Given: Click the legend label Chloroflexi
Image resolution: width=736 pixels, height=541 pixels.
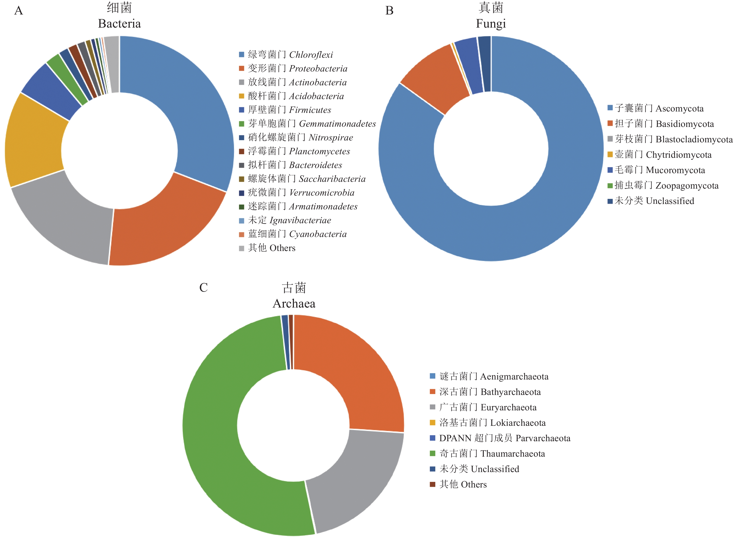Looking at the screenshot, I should pos(311,55).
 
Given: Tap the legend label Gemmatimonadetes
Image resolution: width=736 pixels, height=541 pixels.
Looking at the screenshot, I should pos(337,124).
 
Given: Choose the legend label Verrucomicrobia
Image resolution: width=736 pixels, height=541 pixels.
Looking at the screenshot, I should pos(322,193).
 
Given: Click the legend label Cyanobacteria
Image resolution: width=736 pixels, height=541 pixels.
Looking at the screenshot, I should pos(318,234).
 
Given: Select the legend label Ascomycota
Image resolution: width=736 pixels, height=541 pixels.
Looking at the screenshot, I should pos(679,108).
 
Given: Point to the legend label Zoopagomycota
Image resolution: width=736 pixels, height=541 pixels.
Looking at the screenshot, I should pos(687,186).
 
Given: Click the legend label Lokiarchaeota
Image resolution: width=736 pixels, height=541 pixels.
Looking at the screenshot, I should pos(513,423).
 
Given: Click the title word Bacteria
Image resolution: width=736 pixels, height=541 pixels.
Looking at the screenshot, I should pos(119,24).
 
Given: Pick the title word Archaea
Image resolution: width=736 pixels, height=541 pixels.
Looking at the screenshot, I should pos(294,304).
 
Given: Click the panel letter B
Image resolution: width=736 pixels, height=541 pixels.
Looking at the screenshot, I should pos(389,11).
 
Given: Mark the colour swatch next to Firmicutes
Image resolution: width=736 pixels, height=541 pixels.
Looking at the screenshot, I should pos(242,110).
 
